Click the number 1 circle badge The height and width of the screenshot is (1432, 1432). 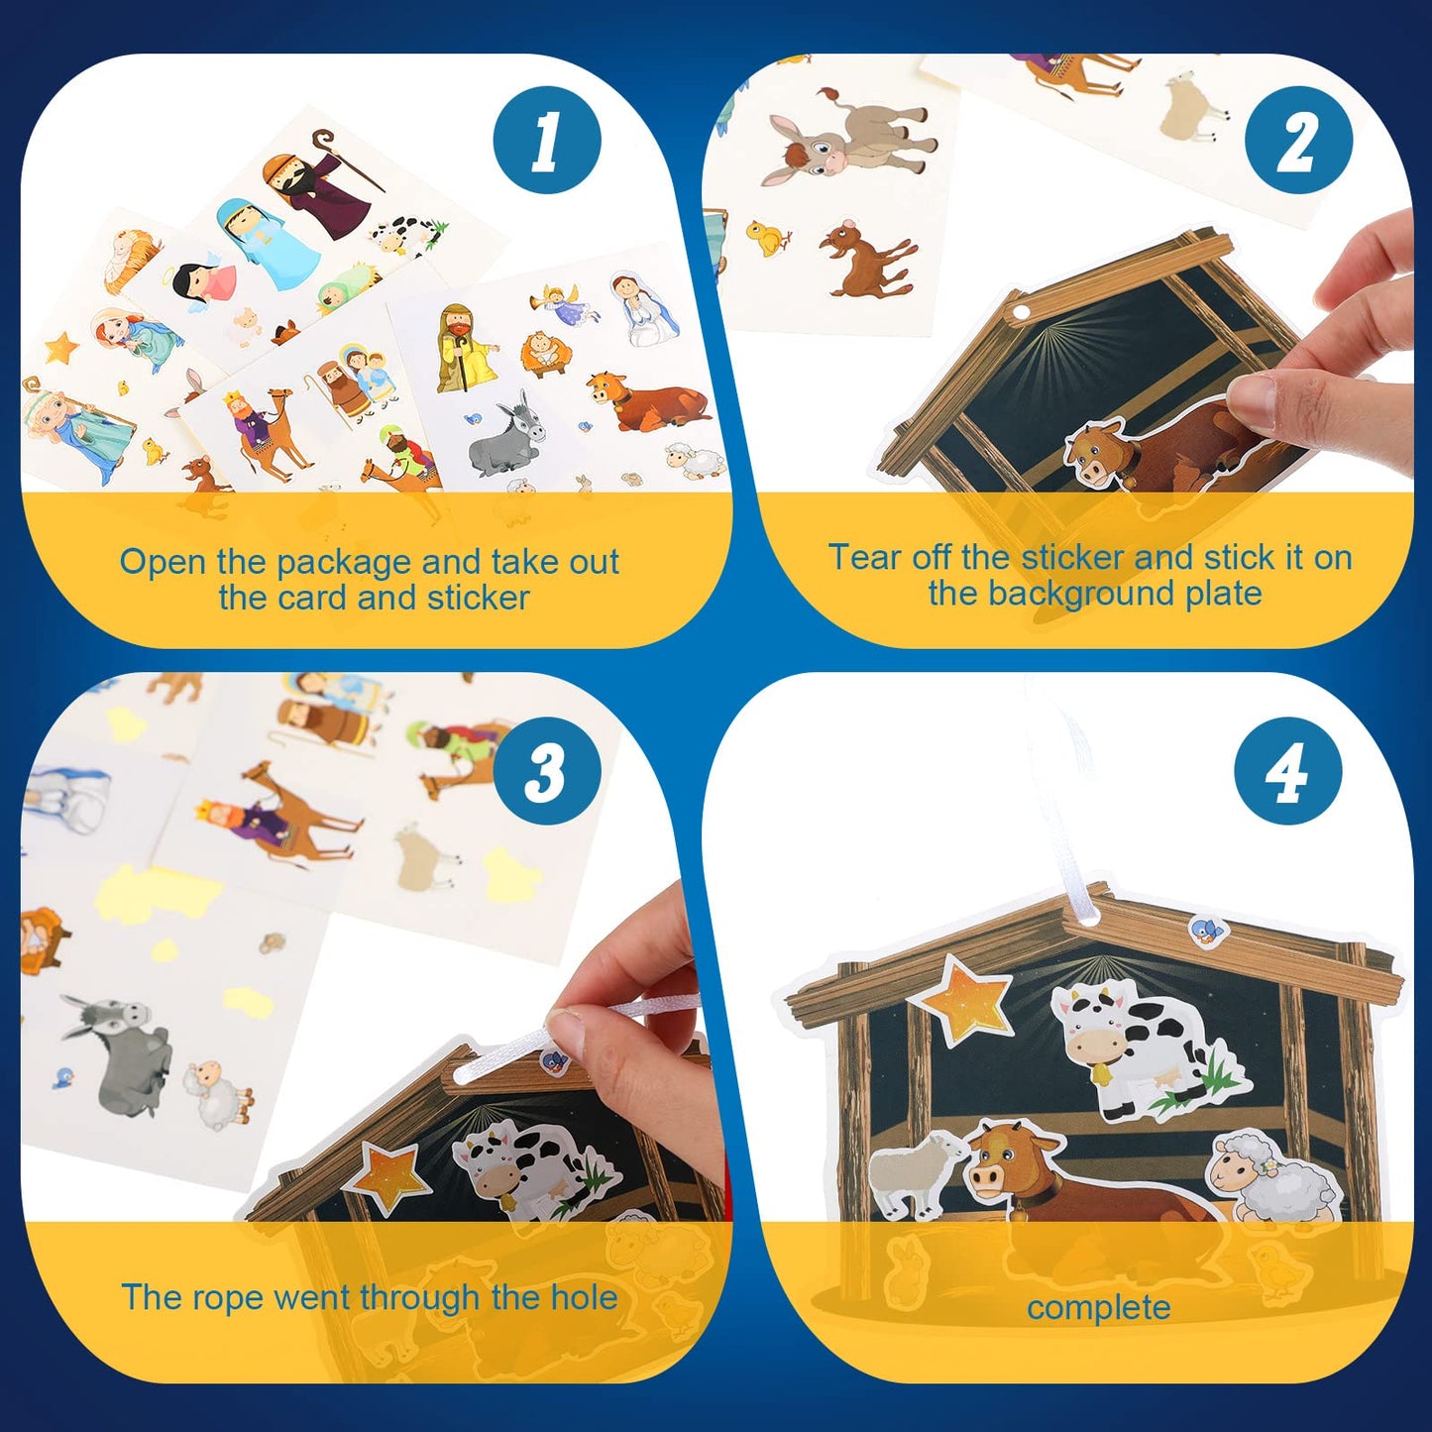(x=547, y=140)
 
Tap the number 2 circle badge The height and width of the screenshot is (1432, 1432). (x=1298, y=140)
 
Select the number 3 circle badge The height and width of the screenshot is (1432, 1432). (x=547, y=771)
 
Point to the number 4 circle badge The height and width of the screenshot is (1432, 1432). (x=1288, y=771)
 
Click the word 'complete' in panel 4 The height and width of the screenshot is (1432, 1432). (x=1098, y=1307)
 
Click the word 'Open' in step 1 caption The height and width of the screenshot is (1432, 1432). (x=164, y=562)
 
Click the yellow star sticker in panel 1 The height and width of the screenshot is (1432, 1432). (x=62, y=348)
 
